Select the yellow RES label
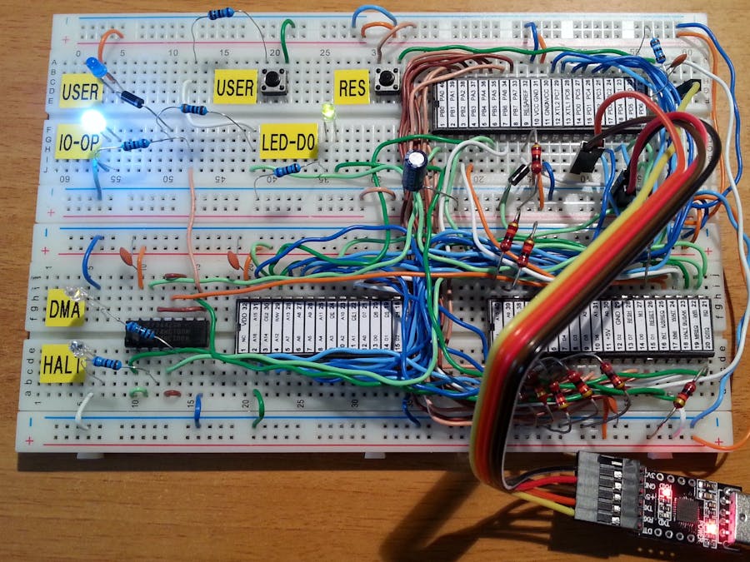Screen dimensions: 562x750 [351, 87]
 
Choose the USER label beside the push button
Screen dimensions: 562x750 [234, 87]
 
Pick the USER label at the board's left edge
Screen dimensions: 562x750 [81, 89]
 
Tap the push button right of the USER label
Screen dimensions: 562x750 [272, 82]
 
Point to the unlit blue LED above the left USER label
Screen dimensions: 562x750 [92, 67]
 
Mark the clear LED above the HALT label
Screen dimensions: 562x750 [77, 347]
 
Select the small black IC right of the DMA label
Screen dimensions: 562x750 [165, 331]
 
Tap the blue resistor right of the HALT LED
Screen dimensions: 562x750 [106, 362]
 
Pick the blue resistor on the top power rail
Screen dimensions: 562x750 [220, 13]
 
